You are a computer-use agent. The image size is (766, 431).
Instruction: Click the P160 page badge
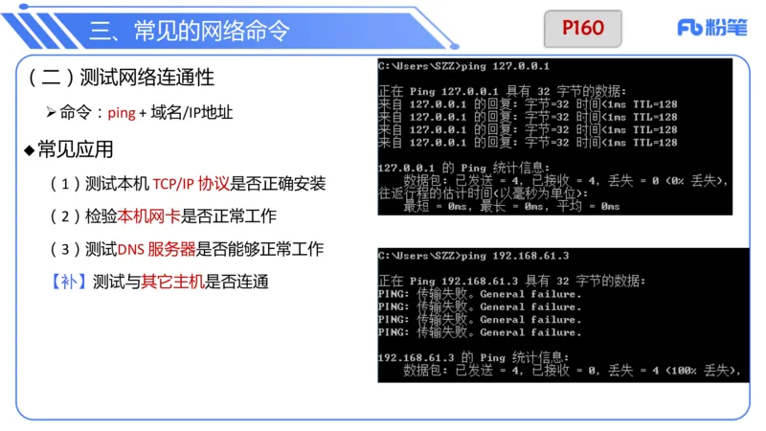583,29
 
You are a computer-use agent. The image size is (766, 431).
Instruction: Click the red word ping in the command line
122,113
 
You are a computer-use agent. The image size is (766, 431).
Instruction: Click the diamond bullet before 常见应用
29,150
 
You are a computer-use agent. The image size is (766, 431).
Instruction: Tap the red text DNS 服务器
157,249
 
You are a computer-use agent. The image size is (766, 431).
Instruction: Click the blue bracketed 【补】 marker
68,282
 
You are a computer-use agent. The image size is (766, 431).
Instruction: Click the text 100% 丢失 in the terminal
705,370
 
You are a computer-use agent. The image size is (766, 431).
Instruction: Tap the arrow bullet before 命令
52,113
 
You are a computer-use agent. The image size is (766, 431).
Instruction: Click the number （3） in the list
64,249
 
